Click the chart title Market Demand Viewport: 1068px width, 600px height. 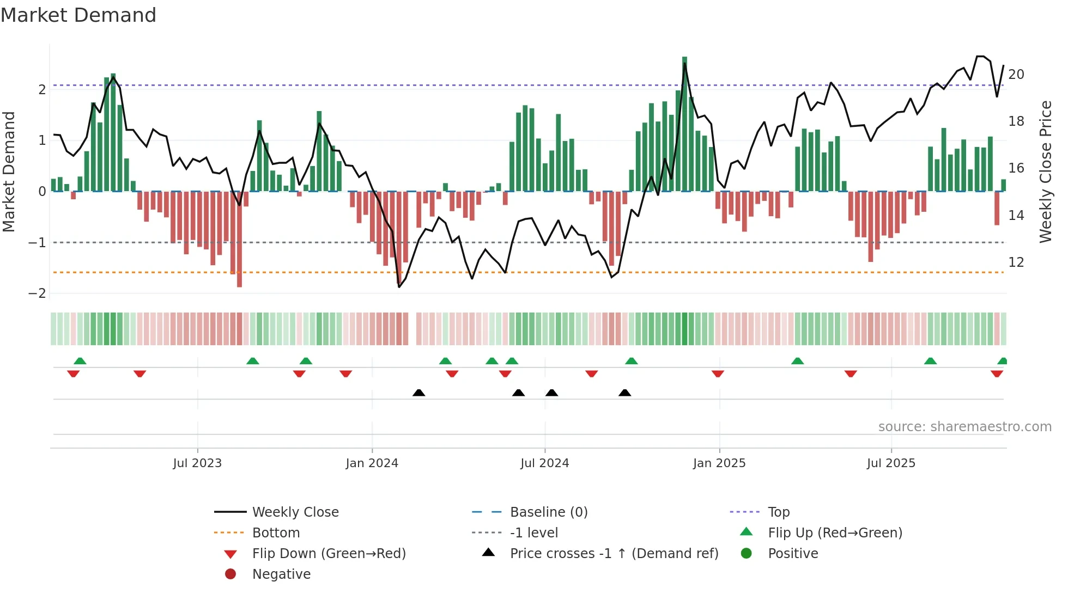[x=78, y=15]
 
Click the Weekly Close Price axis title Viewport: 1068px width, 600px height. [x=1045, y=172]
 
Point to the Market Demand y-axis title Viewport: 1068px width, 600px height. [x=9, y=172]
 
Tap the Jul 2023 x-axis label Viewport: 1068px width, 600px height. [x=197, y=463]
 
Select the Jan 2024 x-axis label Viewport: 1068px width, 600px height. [x=372, y=463]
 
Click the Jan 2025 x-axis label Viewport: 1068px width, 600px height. [x=719, y=463]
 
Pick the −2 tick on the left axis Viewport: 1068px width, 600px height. [x=37, y=293]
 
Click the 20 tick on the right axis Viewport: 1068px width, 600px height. [x=1016, y=75]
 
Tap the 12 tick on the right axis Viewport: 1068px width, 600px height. [x=1016, y=262]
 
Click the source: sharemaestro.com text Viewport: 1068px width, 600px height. [x=964, y=427]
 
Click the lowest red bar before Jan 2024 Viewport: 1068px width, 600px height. [x=239, y=240]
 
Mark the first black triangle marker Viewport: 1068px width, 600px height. [x=418, y=393]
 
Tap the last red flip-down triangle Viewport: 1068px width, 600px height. [x=997, y=374]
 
